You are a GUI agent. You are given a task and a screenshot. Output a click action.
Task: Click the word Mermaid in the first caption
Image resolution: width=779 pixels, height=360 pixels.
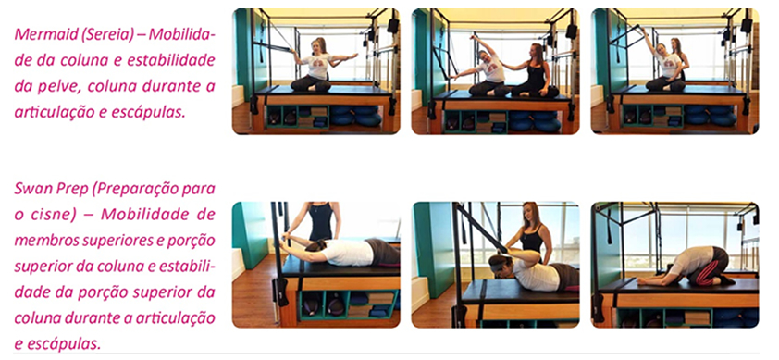(x=43, y=34)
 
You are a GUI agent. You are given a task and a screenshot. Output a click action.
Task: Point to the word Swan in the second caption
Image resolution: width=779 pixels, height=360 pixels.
(x=31, y=190)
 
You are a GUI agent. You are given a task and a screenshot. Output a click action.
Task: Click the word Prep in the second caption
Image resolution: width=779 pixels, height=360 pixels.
(x=70, y=191)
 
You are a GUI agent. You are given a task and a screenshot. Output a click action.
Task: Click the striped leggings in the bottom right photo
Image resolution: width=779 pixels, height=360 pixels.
(x=710, y=266)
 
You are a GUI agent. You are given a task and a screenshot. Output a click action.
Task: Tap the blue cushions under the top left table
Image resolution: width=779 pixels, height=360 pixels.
(x=356, y=116)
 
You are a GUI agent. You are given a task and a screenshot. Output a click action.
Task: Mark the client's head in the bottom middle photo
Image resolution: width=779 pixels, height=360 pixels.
(x=501, y=264)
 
